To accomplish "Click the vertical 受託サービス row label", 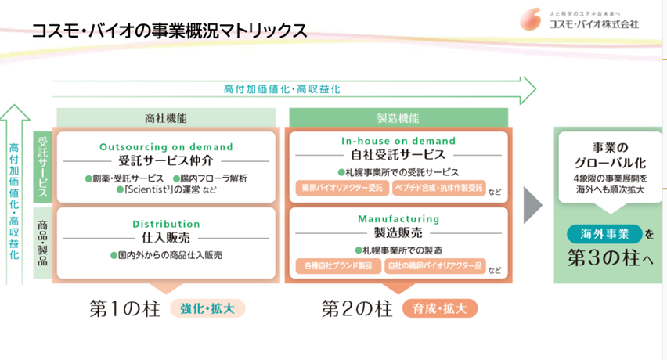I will (42, 166).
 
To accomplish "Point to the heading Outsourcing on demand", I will (166, 146).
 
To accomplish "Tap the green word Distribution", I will (166, 224).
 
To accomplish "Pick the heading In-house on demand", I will (398, 141).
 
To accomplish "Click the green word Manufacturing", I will (398, 219).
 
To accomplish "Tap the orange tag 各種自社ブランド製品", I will (338, 266).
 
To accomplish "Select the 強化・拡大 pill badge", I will (207, 308).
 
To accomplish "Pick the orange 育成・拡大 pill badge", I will (439, 308).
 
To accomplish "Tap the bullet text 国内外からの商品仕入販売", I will (166, 256).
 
